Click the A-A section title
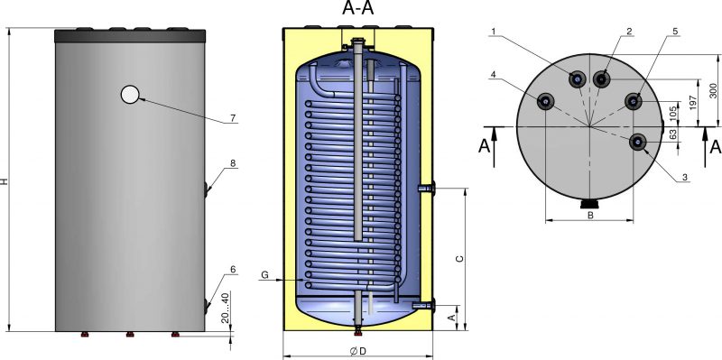[x=357, y=8]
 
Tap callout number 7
[x=233, y=118]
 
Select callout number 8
[x=233, y=163]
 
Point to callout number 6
[x=233, y=270]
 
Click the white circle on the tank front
[x=130, y=95]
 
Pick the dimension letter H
[x=5, y=182]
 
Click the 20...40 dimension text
[x=225, y=307]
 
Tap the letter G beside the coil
[x=264, y=275]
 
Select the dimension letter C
[x=459, y=259]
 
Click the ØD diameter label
[x=357, y=351]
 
